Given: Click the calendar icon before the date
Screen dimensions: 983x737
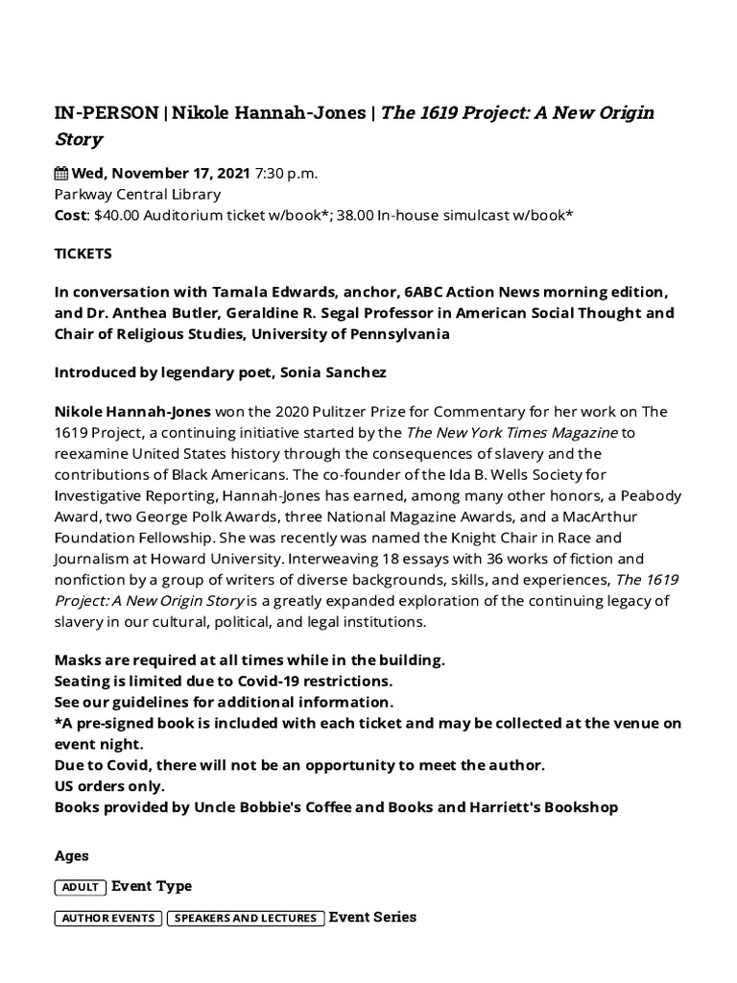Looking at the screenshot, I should (x=61, y=174).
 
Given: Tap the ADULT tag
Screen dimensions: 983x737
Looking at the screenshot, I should (x=81, y=887).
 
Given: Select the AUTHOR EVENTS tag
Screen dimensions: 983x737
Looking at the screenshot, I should (x=107, y=918).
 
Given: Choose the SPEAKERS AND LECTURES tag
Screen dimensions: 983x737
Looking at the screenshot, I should (x=246, y=918).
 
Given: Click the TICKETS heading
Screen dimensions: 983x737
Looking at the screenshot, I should (x=83, y=253).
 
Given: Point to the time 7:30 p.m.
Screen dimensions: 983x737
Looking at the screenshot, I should (x=286, y=174).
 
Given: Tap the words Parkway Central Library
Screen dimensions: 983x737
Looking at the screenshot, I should (x=137, y=194).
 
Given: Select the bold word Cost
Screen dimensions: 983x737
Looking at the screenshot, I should (x=69, y=214).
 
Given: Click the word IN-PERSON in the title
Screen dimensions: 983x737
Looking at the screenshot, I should (x=107, y=113).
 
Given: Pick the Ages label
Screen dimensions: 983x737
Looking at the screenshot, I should (x=72, y=855).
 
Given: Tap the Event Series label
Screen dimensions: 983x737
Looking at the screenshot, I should (x=372, y=917).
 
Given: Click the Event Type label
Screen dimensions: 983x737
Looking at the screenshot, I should (x=152, y=886).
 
